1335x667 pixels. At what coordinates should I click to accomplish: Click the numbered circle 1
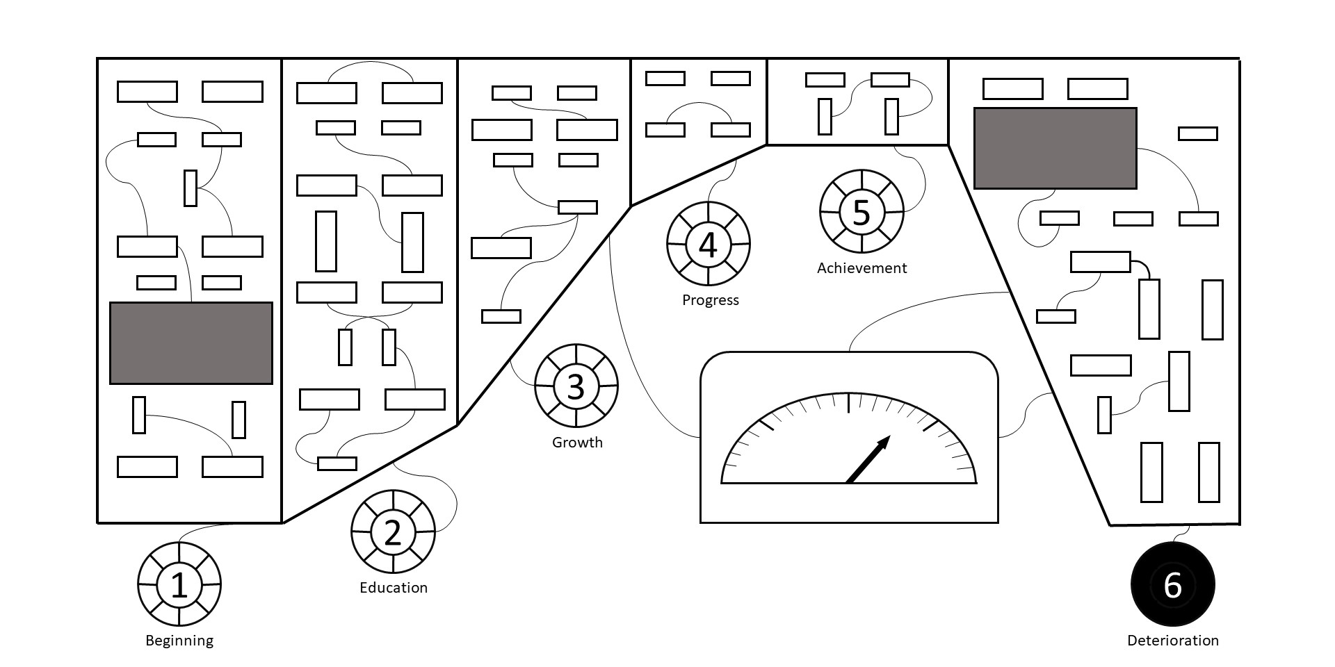pyautogui.click(x=179, y=584)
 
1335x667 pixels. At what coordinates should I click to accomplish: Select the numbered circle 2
pyautogui.click(x=393, y=532)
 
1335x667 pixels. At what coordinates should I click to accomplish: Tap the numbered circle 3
pyautogui.click(x=576, y=386)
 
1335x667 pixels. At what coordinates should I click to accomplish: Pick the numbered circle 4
pyautogui.click(x=708, y=244)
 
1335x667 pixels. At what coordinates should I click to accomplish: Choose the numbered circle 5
pyautogui.click(x=861, y=212)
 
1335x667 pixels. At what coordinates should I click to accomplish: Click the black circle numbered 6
pyautogui.click(x=1172, y=584)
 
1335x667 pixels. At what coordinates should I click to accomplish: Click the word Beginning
pyautogui.click(x=179, y=641)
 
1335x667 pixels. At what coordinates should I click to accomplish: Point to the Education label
pyautogui.click(x=394, y=588)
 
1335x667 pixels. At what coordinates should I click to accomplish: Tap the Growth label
pyautogui.click(x=577, y=443)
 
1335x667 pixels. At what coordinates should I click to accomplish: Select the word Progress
pyautogui.click(x=710, y=300)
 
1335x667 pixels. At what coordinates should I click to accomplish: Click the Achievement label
pyautogui.click(x=861, y=268)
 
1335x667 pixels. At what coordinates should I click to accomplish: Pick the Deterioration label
pyautogui.click(x=1172, y=641)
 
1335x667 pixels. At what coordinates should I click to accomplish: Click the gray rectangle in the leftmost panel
pyautogui.click(x=191, y=343)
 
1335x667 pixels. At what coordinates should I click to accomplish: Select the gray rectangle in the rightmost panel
pyautogui.click(x=1055, y=148)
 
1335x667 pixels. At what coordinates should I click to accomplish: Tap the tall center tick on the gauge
pyautogui.click(x=848, y=403)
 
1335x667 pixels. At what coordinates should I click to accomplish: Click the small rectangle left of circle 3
pyautogui.click(x=501, y=316)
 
